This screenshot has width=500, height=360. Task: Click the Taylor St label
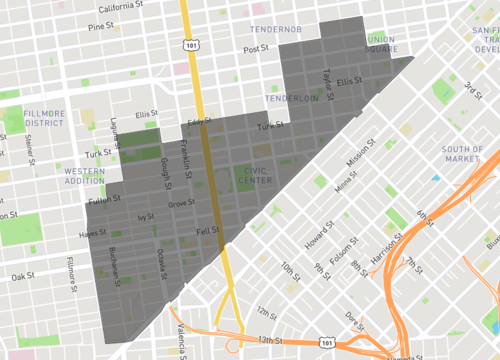tap(327, 77)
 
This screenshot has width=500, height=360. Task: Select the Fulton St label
tap(104, 199)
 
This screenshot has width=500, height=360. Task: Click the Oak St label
tap(23, 276)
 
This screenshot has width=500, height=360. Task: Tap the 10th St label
tap(291, 269)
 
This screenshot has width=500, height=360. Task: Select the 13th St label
tap(268, 339)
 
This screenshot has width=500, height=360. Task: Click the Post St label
tap(257, 48)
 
